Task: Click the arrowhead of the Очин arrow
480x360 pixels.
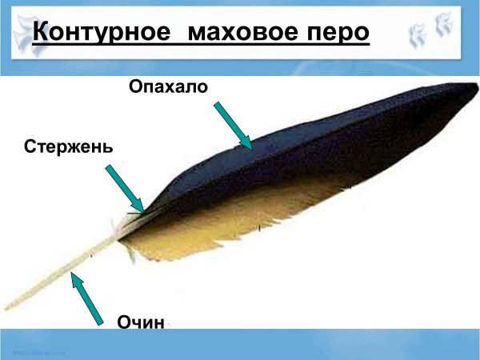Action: (74, 278)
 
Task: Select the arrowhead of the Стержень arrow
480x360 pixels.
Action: (139, 207)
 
